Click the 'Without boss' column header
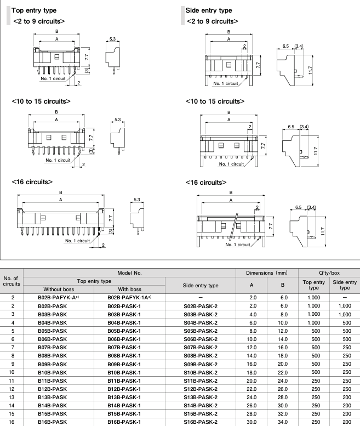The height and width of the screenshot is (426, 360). pos(54,287)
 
